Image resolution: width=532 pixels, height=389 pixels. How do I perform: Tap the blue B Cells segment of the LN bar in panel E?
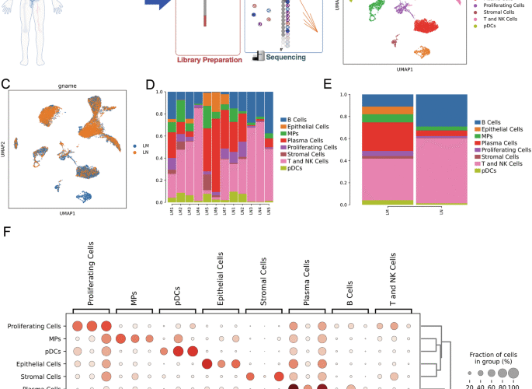(x=440, y=110)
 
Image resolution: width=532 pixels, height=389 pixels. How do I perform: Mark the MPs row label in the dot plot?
(x=52, y=339)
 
